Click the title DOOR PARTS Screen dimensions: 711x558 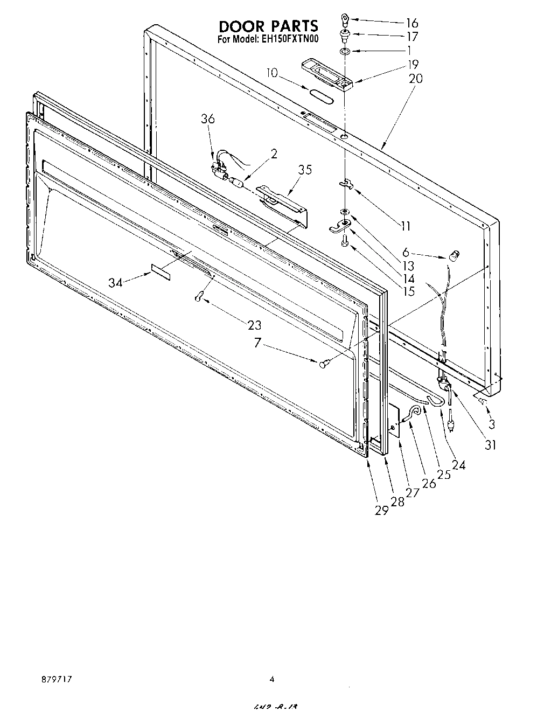coord(268,26)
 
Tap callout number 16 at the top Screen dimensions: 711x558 coord(411,23)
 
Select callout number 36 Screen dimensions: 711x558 coord(208,119)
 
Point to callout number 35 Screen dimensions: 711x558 coord(305,170)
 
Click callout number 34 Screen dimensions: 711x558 coord(115,282)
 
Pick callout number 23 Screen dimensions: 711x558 coord(254,325)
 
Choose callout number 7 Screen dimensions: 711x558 coord(258,343)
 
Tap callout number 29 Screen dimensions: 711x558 coord(381,511)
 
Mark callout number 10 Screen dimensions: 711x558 coord(273,72)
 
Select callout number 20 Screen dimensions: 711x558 coord(416,79)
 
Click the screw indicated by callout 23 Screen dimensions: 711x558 coord(199,296)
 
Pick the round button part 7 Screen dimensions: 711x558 coord(324,365)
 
